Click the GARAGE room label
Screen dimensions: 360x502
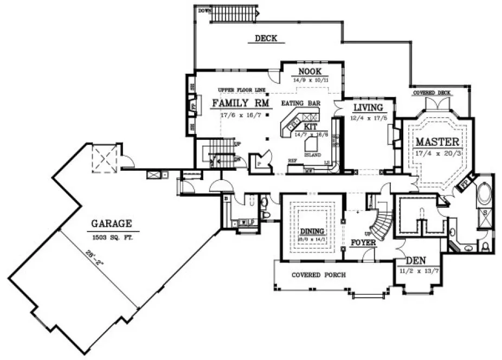(x=111, y=222)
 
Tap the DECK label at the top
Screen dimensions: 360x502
(x=266, y=38)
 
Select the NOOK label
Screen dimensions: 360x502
(x=310, y=72)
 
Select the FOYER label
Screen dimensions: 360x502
(x=363, y=242)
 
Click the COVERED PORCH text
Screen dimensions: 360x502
(x=318, y=275)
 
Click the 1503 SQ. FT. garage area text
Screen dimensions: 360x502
(x=111, y=237)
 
